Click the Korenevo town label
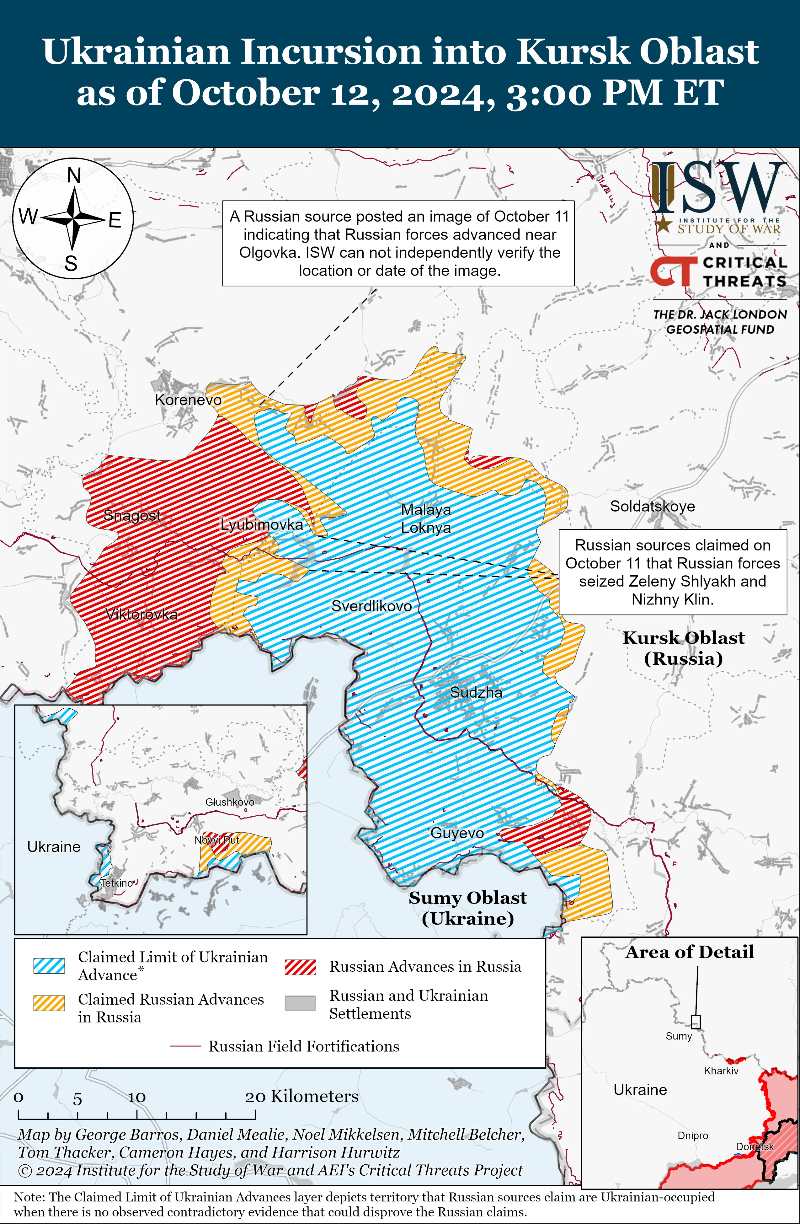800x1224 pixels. tap(188, 400)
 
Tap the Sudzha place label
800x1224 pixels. tap(476, 692)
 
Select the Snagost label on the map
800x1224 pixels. tap(132, 515)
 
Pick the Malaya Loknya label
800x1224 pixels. tap(426, 518)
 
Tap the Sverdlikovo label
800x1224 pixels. tap(371, 606)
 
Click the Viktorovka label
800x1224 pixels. tap(141, 614)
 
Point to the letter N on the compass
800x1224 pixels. tap(74, 176)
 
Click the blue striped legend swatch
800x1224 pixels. tap(49, 966)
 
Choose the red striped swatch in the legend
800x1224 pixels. tap(300, 967)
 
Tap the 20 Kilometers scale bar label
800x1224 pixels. tap(301, 1096)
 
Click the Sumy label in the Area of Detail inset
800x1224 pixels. tap(679, 1036)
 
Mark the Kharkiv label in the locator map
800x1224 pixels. tap(721, 1071)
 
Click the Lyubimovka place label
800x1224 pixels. tap(262, 524)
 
